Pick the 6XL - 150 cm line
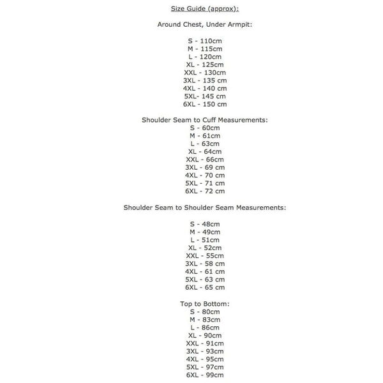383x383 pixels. tap(204, 104)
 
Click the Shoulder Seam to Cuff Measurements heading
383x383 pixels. tap(204, 120)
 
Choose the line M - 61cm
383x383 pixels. tap(204, 136)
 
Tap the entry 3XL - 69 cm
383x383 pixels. tap(204, 167)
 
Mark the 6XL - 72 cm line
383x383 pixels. tap(204, 191)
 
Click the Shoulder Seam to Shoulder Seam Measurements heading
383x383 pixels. tap(204, 207)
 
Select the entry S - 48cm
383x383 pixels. tap(204, 224)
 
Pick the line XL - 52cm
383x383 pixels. tap(204, 248)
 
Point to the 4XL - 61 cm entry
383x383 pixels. tap(204, 271)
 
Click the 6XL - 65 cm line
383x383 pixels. tap(204, 287)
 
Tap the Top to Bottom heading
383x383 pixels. tap(204, 304)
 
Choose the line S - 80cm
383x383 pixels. tap(204, 312)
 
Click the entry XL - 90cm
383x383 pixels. tap(204, 335)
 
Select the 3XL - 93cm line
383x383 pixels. tap(204, 351)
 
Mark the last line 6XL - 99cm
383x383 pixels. tap(204, 375)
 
